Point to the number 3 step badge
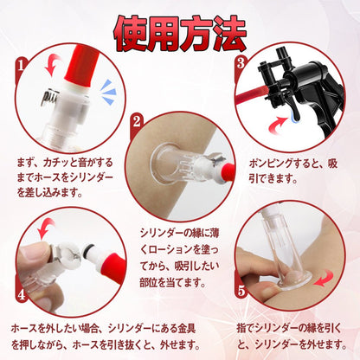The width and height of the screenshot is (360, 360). tap(241, 64)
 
